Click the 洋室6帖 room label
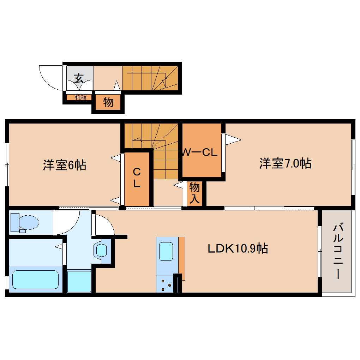[x=65, y=165]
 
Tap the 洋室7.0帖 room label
[x=285, y=163]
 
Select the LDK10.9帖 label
[x=238, y=248]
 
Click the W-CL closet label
[x=200, y=152]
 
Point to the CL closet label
[x=137, y=178]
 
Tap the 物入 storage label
[x=194, y=193]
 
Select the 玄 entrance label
[x=79, y=78]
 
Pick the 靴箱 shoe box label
[x=81, y=97]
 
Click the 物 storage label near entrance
[x=108, y=102]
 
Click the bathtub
[x=35, y=280]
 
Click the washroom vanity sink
[x=101, y=250]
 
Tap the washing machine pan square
[x=79, y=281]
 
